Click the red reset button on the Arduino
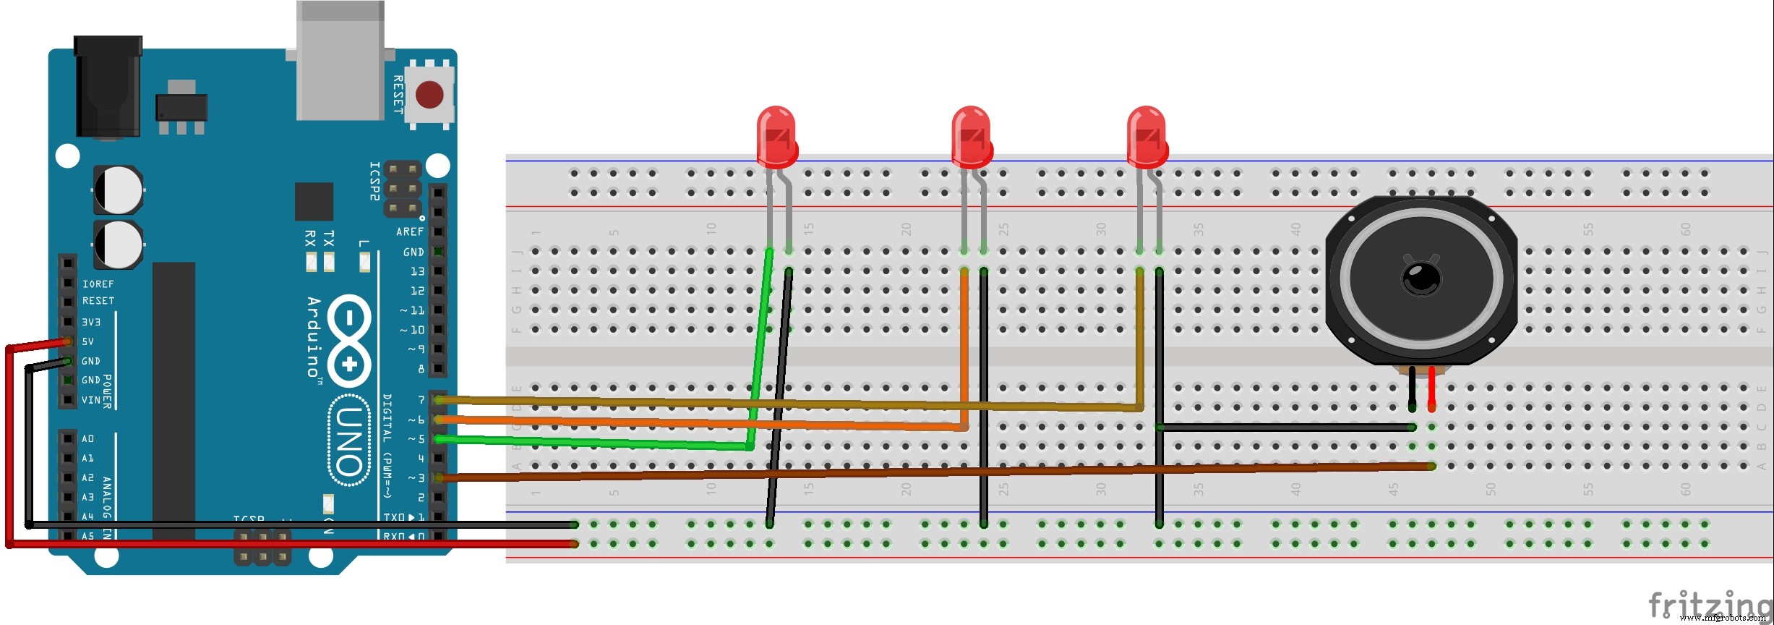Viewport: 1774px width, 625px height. (x=429, y=94)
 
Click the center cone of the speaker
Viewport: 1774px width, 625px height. (x=1421, y=278)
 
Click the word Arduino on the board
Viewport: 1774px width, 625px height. (x=314, y=336)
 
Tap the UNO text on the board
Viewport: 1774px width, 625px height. (x=350, y=441)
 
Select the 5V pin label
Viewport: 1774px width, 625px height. (x=87, y=341)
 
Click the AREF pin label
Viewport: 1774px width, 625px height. (x=410, y=231)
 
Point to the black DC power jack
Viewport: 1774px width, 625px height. (x=108, y=87)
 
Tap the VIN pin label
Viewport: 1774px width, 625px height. (x=91, y=400)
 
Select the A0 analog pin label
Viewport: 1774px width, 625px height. (x=87, y=439)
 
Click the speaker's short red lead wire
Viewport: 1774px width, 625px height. (x=1431, y=389)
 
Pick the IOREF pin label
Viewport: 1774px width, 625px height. (x=98, y=284)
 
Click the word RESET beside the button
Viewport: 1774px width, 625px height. (x=398, y=94)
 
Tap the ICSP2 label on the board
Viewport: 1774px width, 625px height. (x=374, y=181)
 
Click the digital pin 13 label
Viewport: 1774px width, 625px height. (x=417, y=271)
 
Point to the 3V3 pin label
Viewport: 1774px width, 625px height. (x=91, y=322)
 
